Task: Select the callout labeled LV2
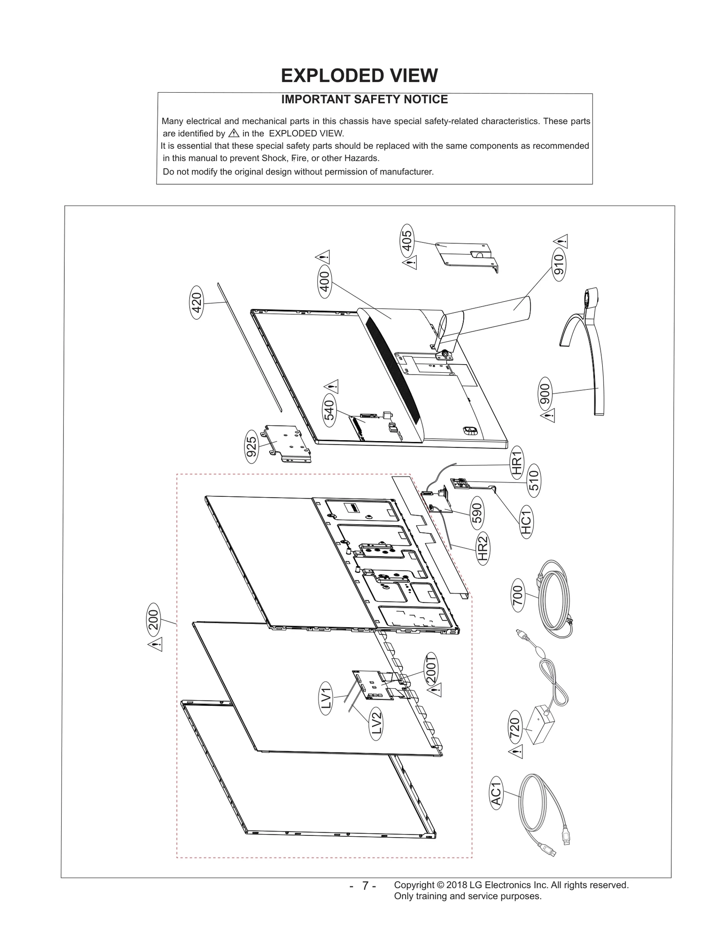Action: [377, 724]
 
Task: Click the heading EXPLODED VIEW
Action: [359, 76]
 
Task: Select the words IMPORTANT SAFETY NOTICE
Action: [364, 99]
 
